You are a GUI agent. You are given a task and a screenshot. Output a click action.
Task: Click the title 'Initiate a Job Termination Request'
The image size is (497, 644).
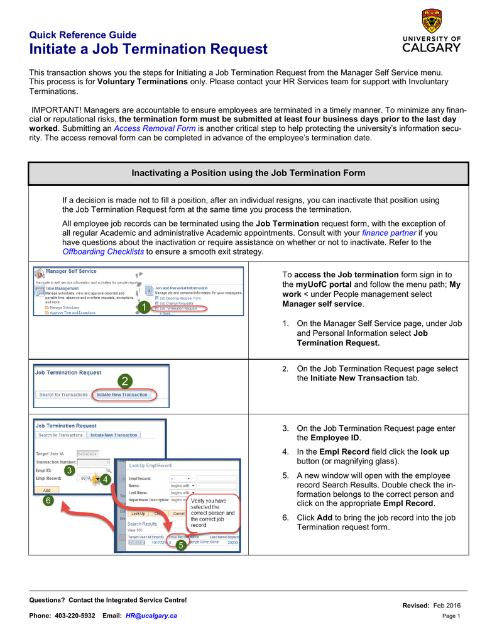[148, 49]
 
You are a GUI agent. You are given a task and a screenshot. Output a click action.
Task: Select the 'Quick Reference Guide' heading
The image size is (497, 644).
[83, 35]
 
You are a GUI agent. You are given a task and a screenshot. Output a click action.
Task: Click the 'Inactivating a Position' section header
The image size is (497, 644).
[248, 173]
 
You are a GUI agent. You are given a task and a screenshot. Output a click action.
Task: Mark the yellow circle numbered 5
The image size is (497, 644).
[181, 546]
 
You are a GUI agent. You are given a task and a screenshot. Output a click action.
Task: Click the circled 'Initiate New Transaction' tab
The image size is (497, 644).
[122, 395]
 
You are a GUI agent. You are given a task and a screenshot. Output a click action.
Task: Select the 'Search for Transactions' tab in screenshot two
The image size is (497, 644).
[63, 395]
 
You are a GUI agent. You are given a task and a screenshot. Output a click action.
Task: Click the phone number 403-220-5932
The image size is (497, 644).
[75, 616]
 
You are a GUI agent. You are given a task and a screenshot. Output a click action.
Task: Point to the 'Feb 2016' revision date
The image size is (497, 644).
[448, 605]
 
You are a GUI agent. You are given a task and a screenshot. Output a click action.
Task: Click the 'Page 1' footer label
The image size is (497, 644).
[451, 616]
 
